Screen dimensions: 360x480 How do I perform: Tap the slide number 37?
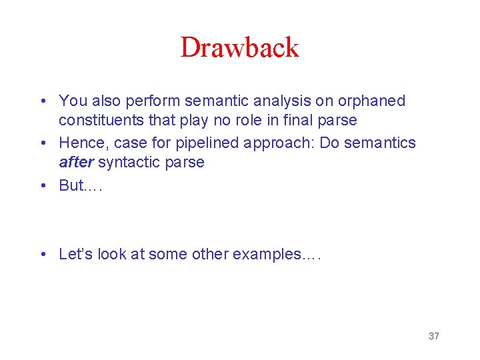(433, 336)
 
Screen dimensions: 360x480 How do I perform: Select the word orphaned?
(372, 101)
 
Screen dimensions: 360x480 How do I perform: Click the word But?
(71, 185)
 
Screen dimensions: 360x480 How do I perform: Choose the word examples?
(270, 255)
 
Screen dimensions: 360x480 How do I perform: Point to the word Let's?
(76, 254)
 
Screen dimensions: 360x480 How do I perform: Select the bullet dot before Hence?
(43, 143)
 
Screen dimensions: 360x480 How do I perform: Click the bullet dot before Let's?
(43, 255)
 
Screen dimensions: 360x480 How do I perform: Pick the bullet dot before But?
(43, 186)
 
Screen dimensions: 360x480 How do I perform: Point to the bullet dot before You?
(43, 101)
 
